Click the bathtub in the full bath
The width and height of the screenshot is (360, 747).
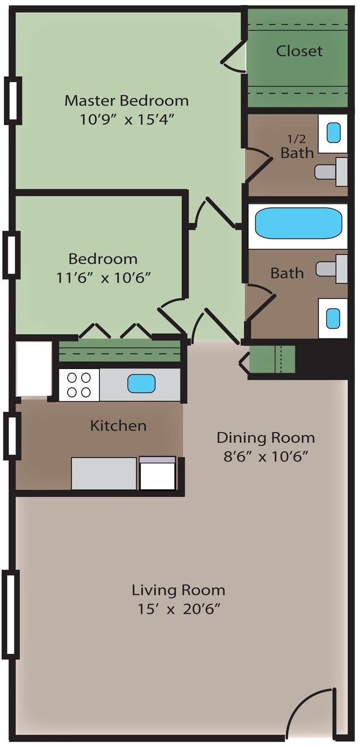pyautogui.click(x=299, y=223)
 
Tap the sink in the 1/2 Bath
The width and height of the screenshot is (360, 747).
pyautogui.click(x=333, y=132)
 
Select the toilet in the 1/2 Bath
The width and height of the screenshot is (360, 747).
pyautogui.click(x=331, y=172)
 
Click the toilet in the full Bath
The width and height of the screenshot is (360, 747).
pyautogui.click(x=332, y=269)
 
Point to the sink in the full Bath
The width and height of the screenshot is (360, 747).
pyautogui.click(x=333, y=318)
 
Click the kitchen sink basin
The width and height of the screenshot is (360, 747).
pyautogui.click(x=141, y=383)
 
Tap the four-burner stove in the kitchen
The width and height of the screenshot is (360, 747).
pyautogui.click(x=79, y=385)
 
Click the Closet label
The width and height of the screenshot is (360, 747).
pyautogui.click(x=299, y=51)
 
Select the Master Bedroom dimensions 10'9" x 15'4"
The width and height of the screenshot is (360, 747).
pyautogui.click(x=127, y=119)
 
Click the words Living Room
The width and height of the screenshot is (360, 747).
pyautogui.click(x=179, y=590)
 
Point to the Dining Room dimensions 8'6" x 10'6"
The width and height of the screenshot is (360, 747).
pyautogui.click(x=265, y=456)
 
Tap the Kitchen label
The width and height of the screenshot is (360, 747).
pyautogui.click(x=119, y=426)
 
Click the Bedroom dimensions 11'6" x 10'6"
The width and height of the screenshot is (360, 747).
pyautogui.click(x=104, y=277)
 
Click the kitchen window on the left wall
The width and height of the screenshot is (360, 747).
pyautogui.click(x=12, y=435)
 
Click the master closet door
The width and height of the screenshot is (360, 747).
pyautogui.click(x=234, y=58)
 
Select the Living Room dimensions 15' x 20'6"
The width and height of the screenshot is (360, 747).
pyautogui.click(x=179, y=609)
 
